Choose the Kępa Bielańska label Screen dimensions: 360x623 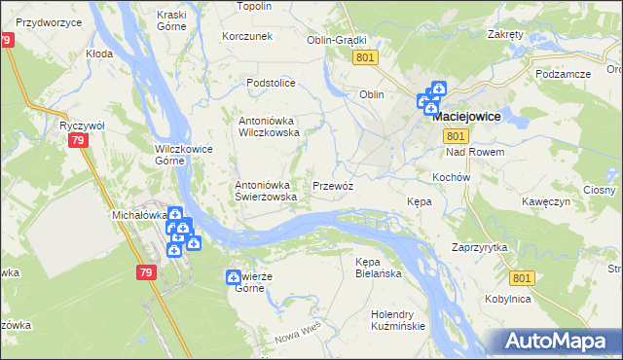point(379,269)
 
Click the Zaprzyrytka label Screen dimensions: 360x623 point(480,247)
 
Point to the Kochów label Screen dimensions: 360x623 point(451,178)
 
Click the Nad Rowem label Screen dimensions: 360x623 point(474,153)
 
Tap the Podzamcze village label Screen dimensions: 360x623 point(562,74)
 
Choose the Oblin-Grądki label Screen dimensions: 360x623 point(336,41)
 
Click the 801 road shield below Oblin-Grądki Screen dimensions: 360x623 point(366,58)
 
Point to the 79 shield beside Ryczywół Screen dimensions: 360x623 point(78,142)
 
